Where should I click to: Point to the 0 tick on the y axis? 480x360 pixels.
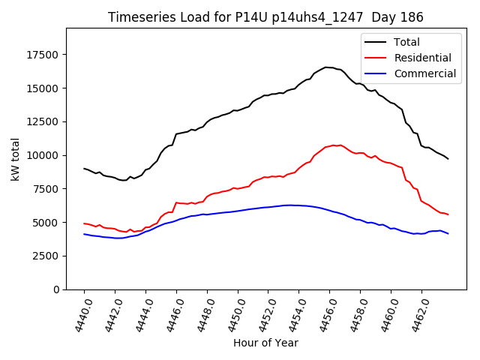[x=57, y=289]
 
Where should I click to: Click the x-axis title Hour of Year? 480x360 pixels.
[x=265, y=343]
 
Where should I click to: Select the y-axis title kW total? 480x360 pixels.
[x=15, y=159]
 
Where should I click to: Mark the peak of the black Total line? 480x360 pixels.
[x=326, y=67]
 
